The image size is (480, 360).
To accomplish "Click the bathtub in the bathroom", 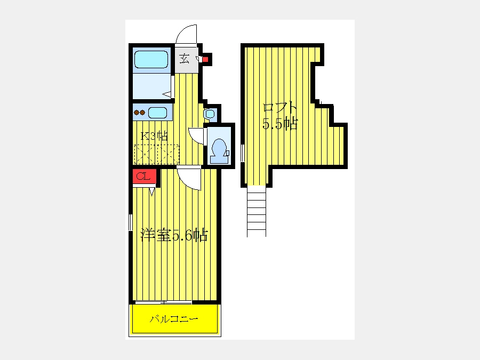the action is click(151, 59).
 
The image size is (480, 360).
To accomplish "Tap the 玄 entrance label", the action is click(184, 58).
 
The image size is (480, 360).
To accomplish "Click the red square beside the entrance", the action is click(205, 59).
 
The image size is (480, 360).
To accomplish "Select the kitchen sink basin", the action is click(158, 113).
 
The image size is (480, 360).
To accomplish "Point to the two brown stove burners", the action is click(140, 113).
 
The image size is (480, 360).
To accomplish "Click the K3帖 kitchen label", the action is click(154, 135).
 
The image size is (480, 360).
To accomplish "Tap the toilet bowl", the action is click(219, 150).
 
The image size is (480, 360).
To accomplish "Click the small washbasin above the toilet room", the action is click(210, 115).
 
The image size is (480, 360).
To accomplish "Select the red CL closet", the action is click(144, 177).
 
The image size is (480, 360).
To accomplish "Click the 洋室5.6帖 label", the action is click(174, 235).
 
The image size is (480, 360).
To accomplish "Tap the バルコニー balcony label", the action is click(174, 319).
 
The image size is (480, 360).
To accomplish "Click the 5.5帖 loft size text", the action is click(280, 124).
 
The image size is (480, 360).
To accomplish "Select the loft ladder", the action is click(257, 211).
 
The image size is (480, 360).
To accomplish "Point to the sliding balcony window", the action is click(164, 302).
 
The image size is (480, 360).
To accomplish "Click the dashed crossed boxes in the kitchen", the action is click(157, 154).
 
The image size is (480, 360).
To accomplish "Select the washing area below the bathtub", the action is click(151, 86).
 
